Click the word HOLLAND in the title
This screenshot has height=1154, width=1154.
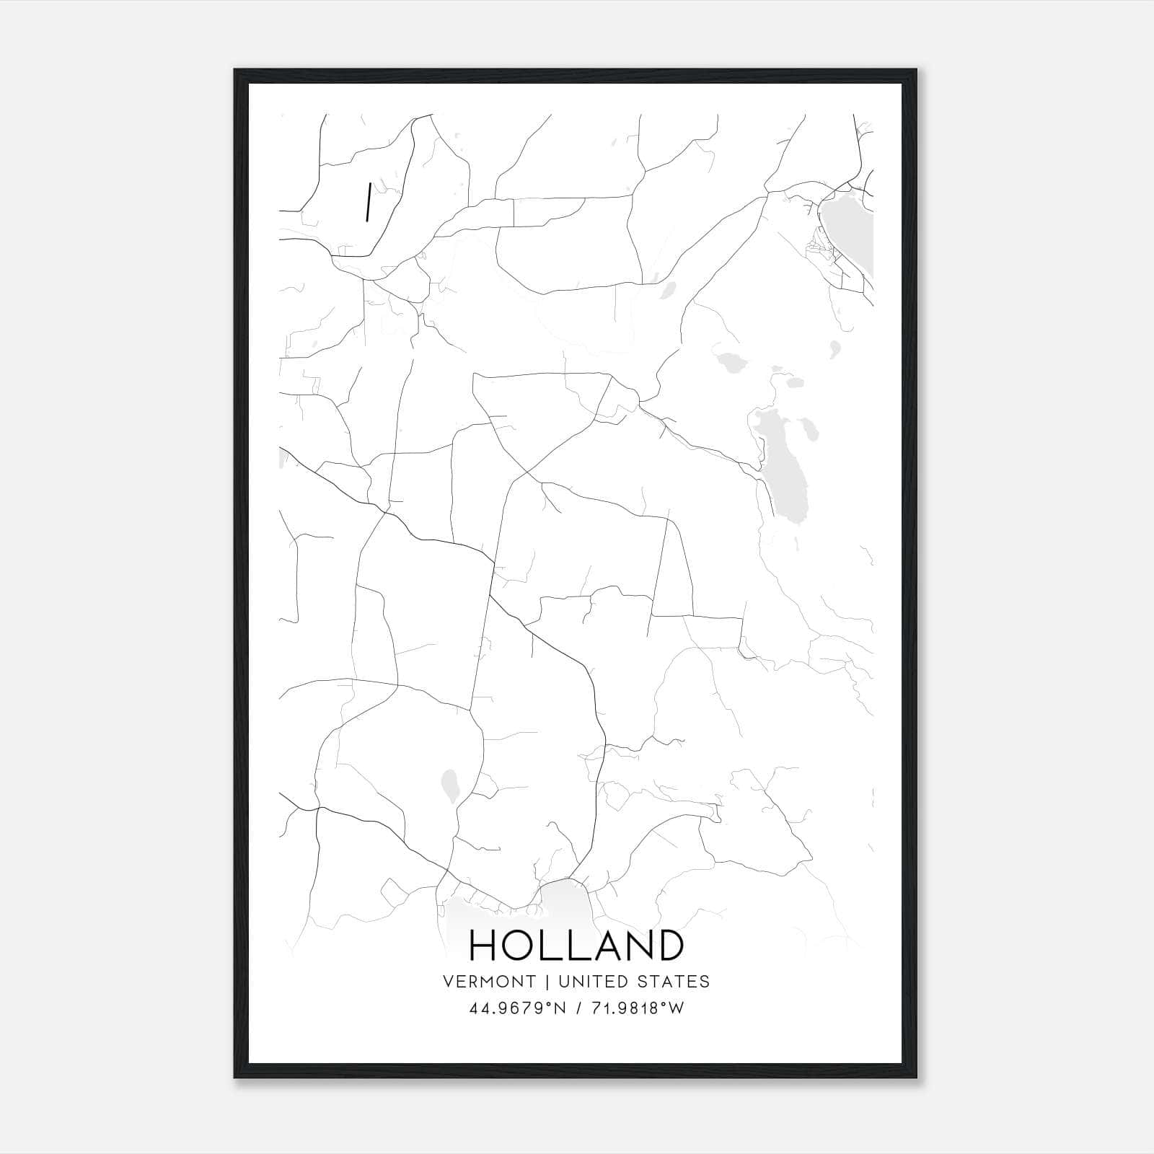[576, 945]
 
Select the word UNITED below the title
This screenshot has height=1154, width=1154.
[589, 982]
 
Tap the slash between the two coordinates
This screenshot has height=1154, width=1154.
[578, 1008]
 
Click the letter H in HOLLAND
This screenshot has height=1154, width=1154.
[484, 945]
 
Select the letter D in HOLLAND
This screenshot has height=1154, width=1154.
[668, 945]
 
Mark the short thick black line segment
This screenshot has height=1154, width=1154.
[369, 202]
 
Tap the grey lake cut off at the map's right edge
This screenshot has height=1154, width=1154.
[850, 231]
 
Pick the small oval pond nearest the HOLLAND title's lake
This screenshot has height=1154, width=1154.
[450, 785]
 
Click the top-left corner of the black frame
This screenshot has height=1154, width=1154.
[235, 70]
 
